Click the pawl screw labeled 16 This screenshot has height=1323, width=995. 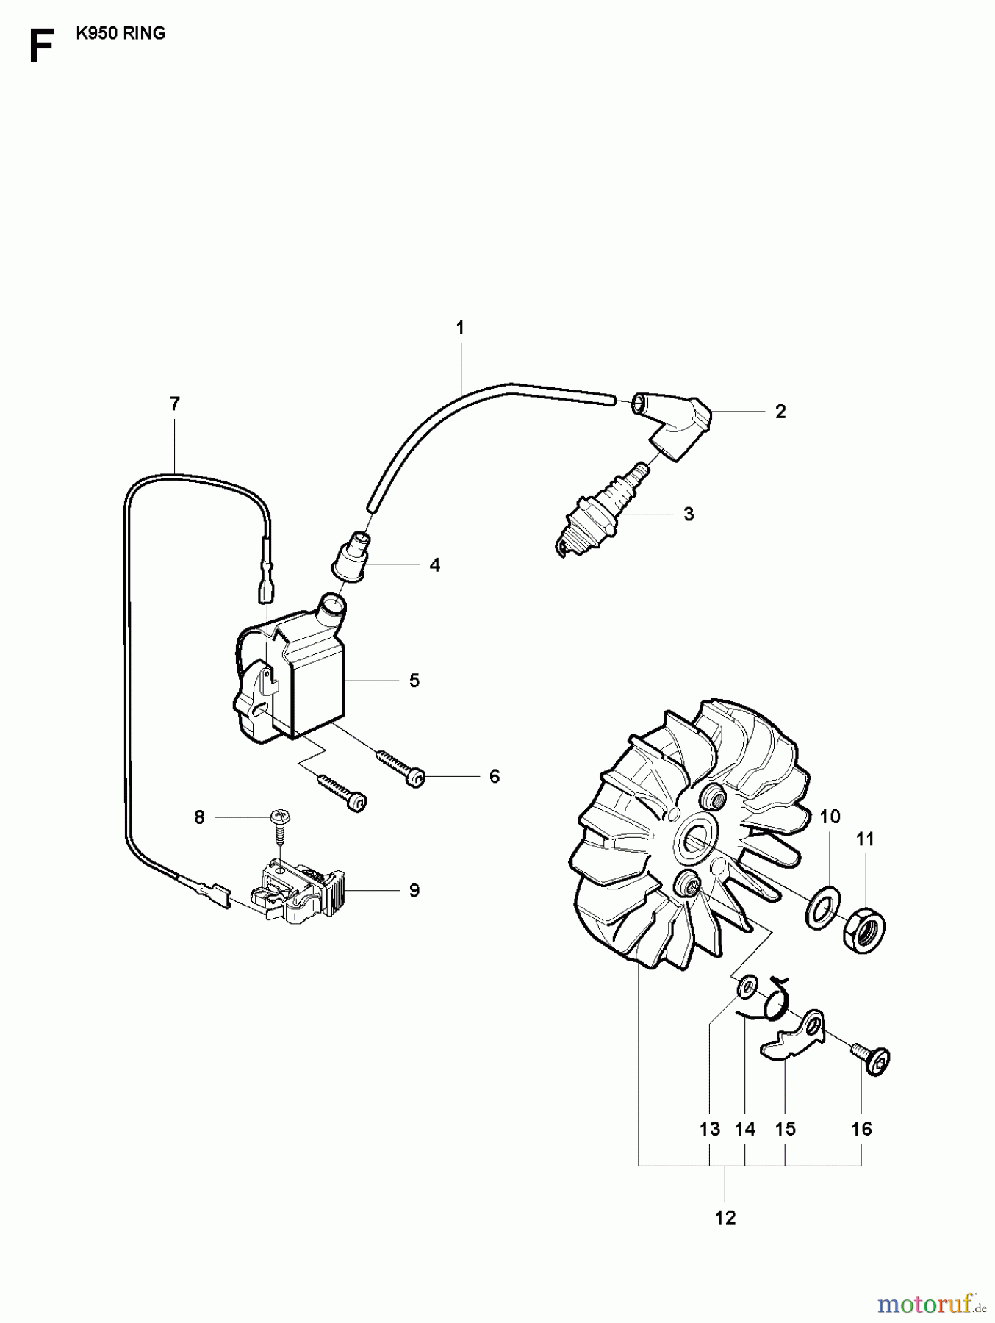click(x=872, y=1058)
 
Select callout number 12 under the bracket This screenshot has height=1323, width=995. click(x=725, y=1218)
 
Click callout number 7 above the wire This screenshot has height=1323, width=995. click(x=174, y=404)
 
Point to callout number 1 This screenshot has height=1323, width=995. click(x=460, y=328)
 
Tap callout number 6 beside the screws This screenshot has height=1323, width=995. click(x=494, y=776)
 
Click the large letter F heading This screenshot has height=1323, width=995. click(x=41, y=48)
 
